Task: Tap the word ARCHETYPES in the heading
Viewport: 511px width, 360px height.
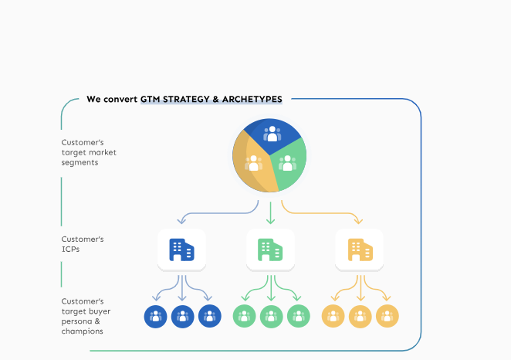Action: coord(250,99)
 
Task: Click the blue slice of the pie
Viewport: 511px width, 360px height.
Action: coord(271,134)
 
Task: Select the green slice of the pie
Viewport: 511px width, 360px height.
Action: coord(289,165)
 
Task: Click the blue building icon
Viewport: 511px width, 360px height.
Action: coord(181,250)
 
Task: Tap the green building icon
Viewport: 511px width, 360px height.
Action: coord(270,250)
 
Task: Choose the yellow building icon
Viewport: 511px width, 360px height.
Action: coord(360,250)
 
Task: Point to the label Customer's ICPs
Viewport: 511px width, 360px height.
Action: coord(83,244)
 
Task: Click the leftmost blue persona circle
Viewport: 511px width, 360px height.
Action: coord(155,316)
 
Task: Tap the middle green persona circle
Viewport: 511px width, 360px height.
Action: coord(271,316)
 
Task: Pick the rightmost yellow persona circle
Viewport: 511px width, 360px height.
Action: coord(387,316)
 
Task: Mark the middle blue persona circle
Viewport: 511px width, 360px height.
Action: coord(182,316)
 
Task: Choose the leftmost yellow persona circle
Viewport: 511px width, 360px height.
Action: coord(333,316)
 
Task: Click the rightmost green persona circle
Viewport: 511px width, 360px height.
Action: coord(298,316)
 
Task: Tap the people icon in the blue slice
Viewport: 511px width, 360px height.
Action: coord(272,133)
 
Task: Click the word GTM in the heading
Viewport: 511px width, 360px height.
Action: coord(149,99)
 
